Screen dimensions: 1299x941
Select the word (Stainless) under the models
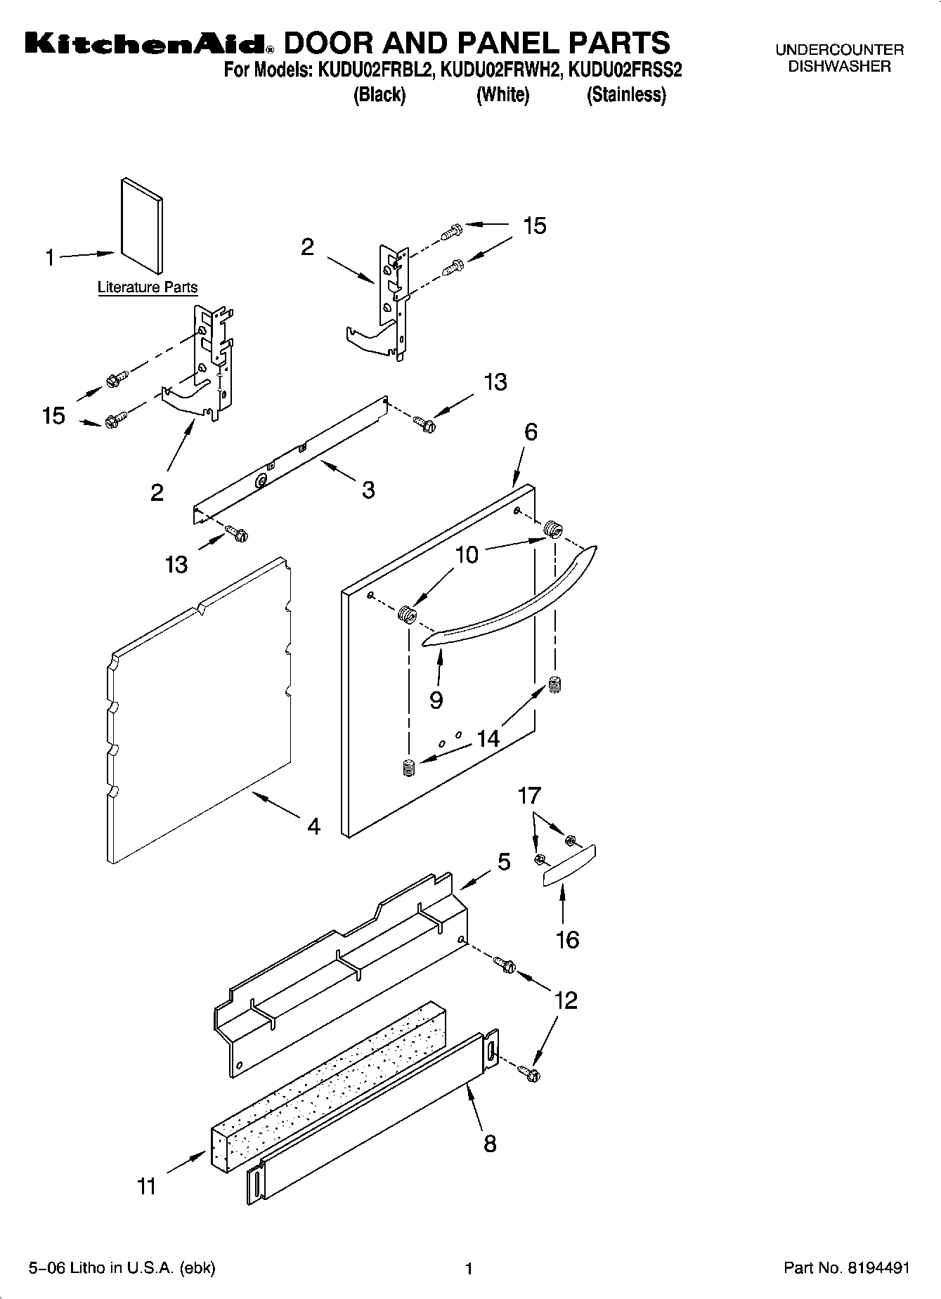625,95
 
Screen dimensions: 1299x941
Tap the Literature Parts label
148,287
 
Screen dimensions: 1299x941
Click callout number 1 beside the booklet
50,258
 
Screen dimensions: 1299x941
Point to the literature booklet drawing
142,225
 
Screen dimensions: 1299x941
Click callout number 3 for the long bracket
368,490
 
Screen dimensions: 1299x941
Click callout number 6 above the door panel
531,431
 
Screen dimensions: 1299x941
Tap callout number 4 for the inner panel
313,826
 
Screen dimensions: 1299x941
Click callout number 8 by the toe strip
490,1143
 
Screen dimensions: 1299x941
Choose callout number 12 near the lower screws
566,999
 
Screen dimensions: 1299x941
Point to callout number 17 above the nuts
529,795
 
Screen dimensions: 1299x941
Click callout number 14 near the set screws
488,738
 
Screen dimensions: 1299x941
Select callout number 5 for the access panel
504,861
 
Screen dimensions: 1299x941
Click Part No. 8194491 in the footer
846,1268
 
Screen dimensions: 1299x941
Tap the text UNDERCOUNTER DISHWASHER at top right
839,58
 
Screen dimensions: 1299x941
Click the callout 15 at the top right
534,226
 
